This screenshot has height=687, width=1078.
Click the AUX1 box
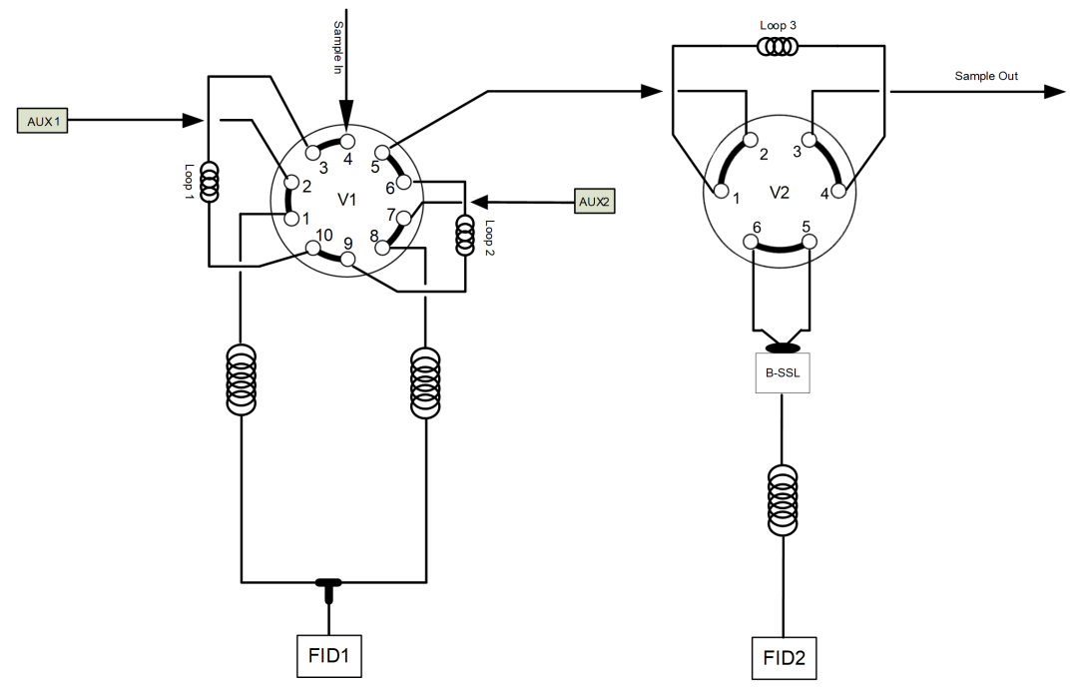pyautogui.click(x=42, y=121)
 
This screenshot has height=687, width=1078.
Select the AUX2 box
pyautogui.click(x=595, y=202)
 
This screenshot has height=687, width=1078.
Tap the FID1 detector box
pyautogui.click(x=329, y=656)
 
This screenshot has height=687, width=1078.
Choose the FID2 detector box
pyautogui.click(x=784, y=658)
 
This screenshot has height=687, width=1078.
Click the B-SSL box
pyautogui.click(x=783, y=373)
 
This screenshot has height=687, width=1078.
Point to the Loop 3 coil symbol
pyautogui.click(x=778, y=47)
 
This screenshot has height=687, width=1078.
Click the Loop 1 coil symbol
pyautogui.click(x=209, y=182)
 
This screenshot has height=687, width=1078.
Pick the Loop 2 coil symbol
pyautogui.click(x=465, y=235)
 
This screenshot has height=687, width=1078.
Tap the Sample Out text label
pyautogui.click(x=986, y=76)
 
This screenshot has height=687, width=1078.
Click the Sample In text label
pyautogui.click(x=337, y=48)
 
